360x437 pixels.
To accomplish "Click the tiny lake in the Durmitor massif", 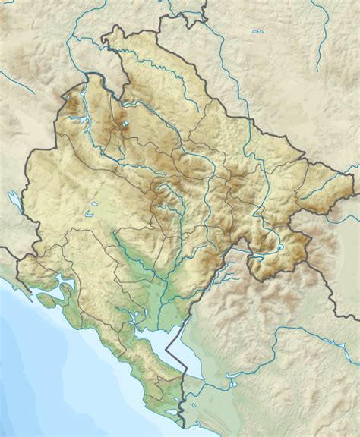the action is [x=122, y=124].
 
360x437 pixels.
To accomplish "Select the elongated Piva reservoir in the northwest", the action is [x=86, y=99].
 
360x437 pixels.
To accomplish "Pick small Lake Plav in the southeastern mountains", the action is [x=279, y=247].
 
